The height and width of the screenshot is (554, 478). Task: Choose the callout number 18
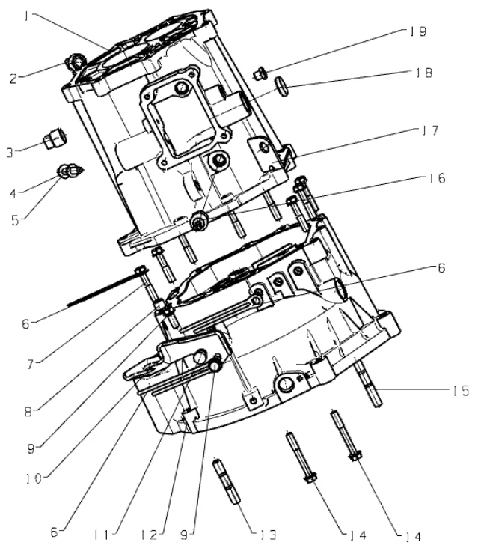point(424,73)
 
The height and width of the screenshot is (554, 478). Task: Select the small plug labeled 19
point(260,73)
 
